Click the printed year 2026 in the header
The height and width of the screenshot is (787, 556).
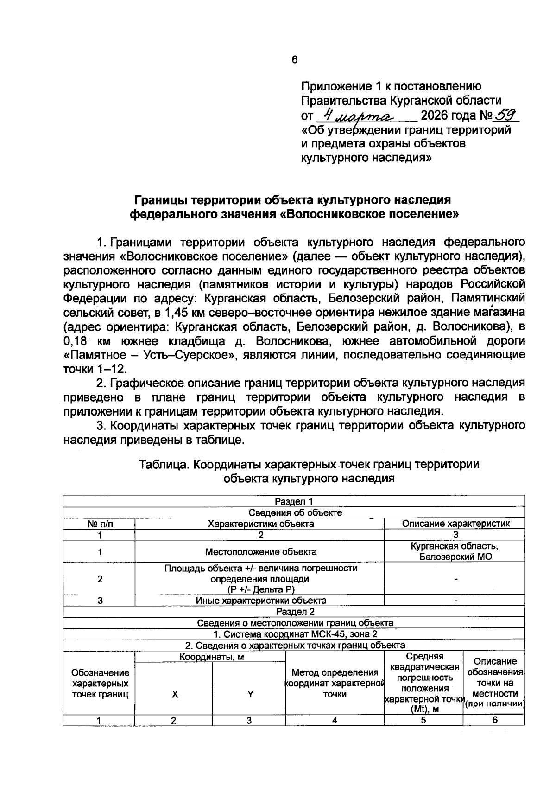pyautogui.click(x=435, y=115)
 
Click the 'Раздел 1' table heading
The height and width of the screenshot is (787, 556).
pyautogui.click(x=294, y=501)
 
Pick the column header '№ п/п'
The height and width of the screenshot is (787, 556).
pyautogui.click(x=100, y=524)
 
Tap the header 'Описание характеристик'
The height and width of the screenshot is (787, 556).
pyautogui.click(x=456, y=524)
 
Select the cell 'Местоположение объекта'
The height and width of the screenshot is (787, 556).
pyautogui.click(x=261, y=552)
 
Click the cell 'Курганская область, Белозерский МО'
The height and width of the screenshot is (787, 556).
pyautogui.click(x=455, y=551)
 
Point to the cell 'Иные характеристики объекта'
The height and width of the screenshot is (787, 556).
pyautogui.click(x=261, y=601)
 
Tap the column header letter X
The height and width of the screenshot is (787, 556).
pyautogui.click(x=175, y=694)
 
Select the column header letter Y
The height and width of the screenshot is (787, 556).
pyautogui.click(x=250, y=694)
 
